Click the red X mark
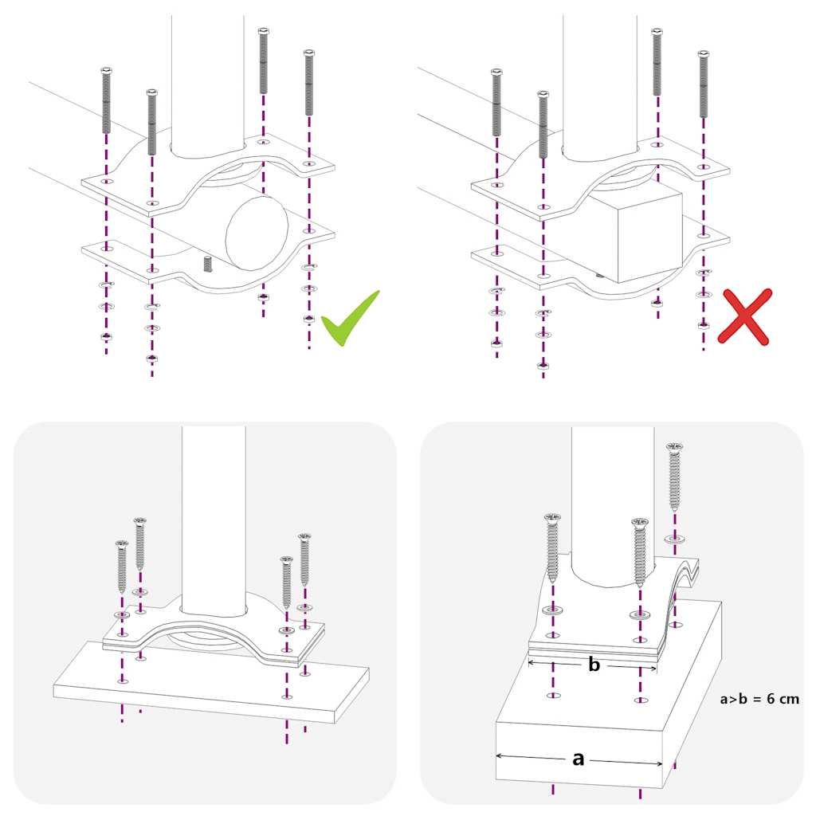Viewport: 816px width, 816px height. point(744,316)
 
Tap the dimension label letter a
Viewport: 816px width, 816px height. point(579,759)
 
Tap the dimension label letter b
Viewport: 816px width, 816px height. point(594,665)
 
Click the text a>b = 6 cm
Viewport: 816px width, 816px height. point(759,699)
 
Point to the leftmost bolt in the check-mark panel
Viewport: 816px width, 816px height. point(106,101)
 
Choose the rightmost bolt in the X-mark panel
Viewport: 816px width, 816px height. point(703,84)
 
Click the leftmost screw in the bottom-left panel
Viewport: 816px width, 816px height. point(122,566)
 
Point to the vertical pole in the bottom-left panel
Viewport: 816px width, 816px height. point(214,518)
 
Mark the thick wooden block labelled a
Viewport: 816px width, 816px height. point(606,717)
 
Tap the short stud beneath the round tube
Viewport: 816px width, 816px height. point(208,264)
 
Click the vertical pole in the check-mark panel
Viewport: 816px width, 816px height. point(207,80)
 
